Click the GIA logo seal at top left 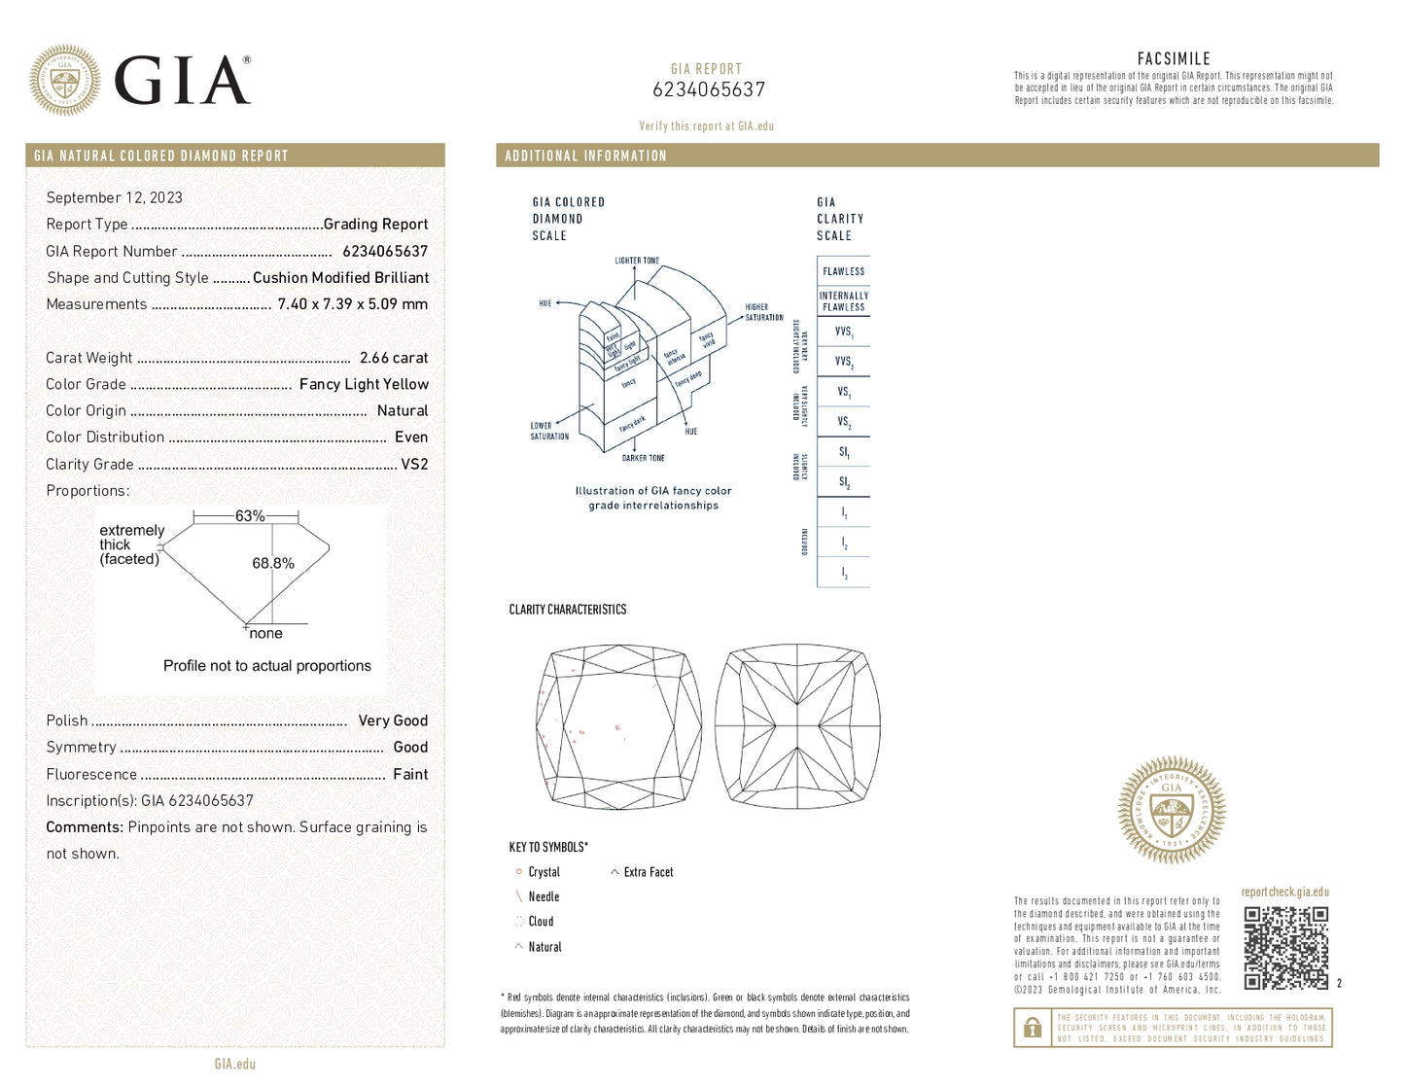point(64,80)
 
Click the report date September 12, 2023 point(114,197)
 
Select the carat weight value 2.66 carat point(394,358)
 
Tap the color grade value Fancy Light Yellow point(364,384)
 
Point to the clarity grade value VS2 point(414,464)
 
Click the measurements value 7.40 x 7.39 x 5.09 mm point(352,304)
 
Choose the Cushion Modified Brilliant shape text point(340,278)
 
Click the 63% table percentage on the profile point(250,516)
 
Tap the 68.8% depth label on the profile point(273,563)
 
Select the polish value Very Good point(393,720)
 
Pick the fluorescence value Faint point(410,774)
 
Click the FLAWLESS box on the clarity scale point(843,271)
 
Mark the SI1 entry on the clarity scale point(843,452)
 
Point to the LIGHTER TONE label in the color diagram point(637,261)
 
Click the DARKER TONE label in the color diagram point(644,458)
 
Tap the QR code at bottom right point(1285,948)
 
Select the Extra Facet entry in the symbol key point(648,872)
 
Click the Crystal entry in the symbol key point(544,872)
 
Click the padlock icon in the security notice point(1033,1028)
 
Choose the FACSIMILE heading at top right point(1174,59)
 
